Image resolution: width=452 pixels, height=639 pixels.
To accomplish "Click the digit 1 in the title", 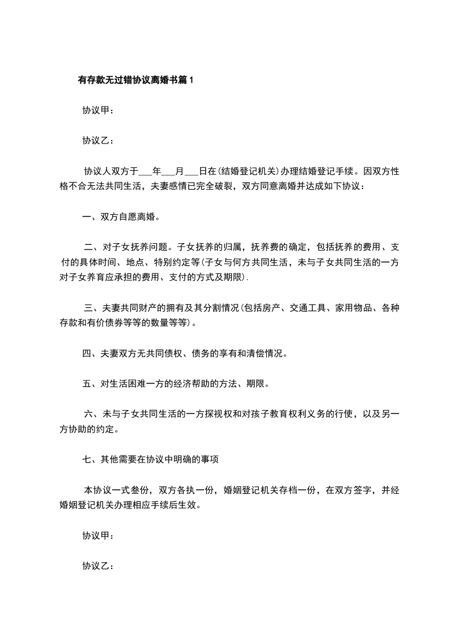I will (x=192, y=80).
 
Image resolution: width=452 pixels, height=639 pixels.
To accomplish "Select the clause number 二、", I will (x=91, y=247).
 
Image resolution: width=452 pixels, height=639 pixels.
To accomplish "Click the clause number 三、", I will (x=91, y=309).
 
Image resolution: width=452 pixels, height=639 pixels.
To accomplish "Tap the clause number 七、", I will (x=89, y=460).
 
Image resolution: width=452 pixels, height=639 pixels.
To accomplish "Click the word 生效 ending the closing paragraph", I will (x=190, y=505).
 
